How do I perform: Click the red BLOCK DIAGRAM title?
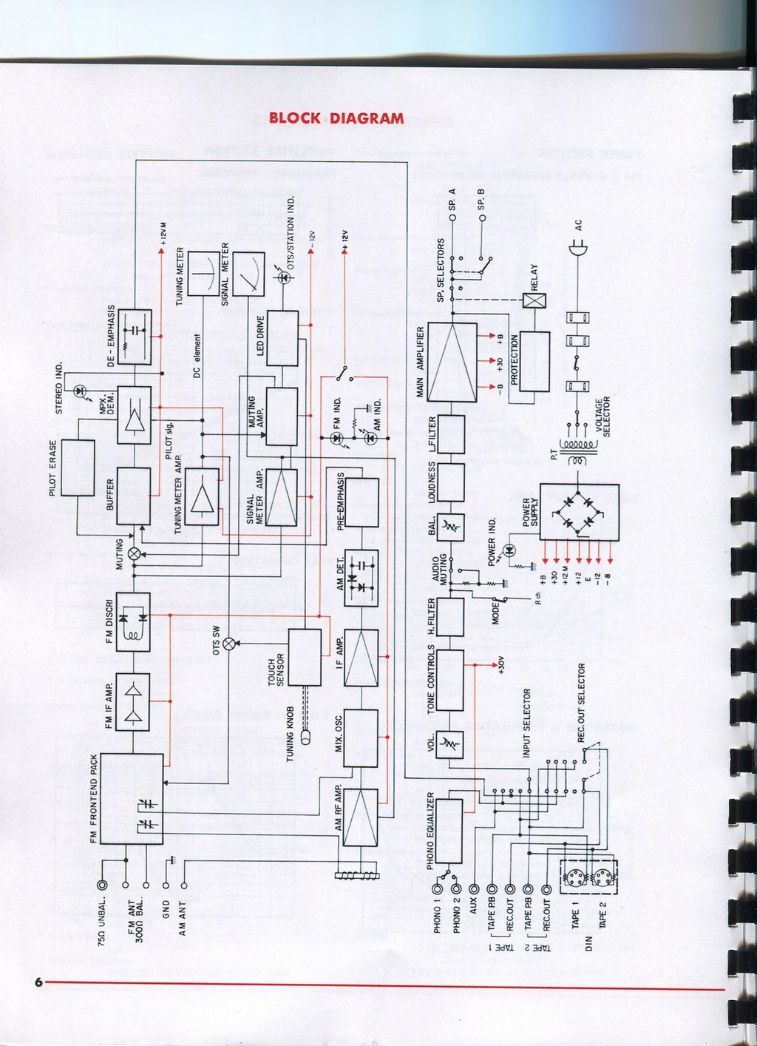point(336,118)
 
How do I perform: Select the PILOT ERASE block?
point(78,468)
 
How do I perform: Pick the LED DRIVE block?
point(282,338)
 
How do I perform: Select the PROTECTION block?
point(534,361)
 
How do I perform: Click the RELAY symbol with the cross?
point(533,300)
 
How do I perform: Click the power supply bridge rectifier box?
point(579,512)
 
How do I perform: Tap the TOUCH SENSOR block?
point(305,656)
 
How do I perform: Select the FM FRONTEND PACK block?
point(132,798)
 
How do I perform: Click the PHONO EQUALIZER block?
point(449,831)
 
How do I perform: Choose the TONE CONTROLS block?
point(450,681)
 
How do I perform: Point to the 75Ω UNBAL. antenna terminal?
point(102,885)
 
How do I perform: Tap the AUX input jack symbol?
point(474,890)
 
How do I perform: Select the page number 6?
point(37,982)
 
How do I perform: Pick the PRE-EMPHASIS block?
point(362,502)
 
